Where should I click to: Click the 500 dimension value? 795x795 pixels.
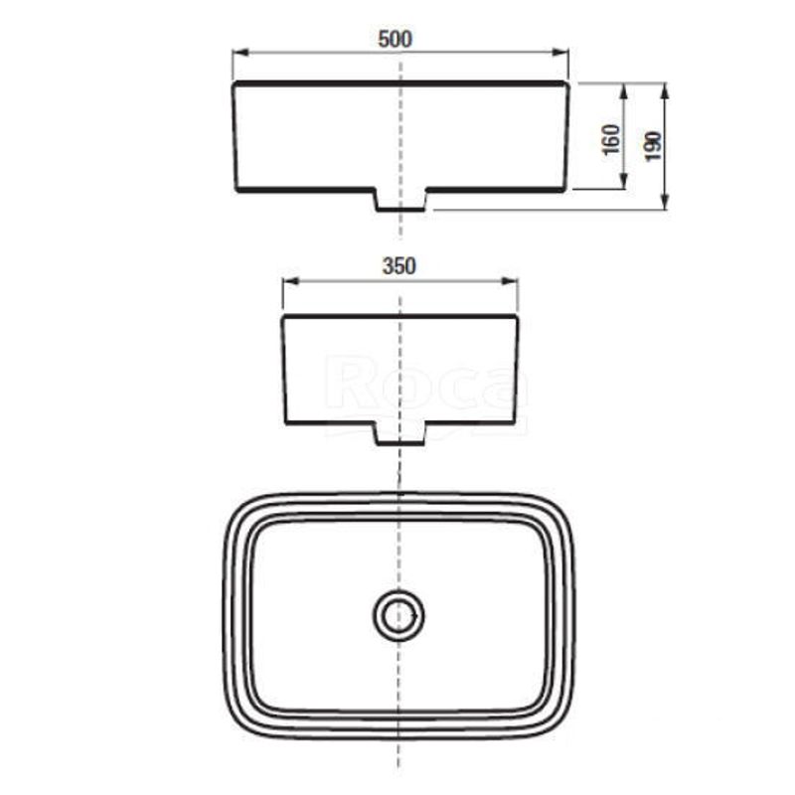click(x=396, y=39)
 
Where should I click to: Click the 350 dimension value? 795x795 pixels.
click(x=398, y=266)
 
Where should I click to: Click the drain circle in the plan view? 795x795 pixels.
click(x=398, y=616)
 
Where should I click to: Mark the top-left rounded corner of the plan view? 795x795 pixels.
click(x=237, y=507)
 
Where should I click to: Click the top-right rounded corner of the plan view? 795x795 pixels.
click(x=561, y=507)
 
